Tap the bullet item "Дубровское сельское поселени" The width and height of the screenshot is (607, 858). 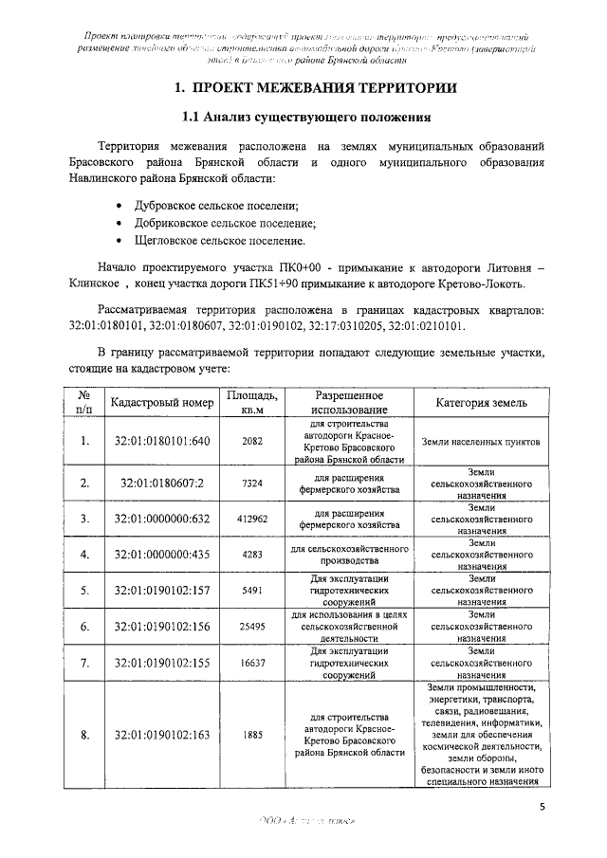(218, 206)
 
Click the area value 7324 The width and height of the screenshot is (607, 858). (251, 483)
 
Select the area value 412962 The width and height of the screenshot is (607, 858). (251, 519)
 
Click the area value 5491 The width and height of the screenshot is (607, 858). (251, 591)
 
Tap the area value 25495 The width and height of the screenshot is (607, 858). (251, 627)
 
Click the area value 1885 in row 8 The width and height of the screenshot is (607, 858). (251, 735)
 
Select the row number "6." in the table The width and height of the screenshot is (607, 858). (84, 627)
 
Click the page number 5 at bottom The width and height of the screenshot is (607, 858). (542, 807)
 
